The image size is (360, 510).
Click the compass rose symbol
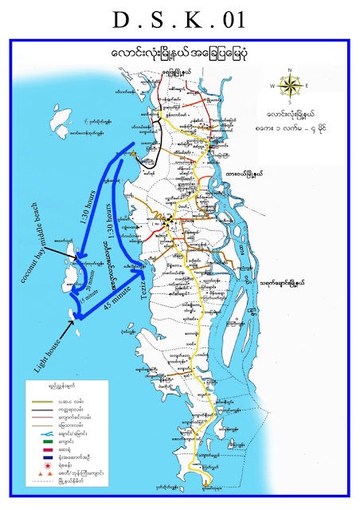point(292,85)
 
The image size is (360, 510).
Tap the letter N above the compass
point(292,70)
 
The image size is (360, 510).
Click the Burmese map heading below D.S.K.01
point(180,51)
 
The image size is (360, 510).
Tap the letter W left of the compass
point(273,85)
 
